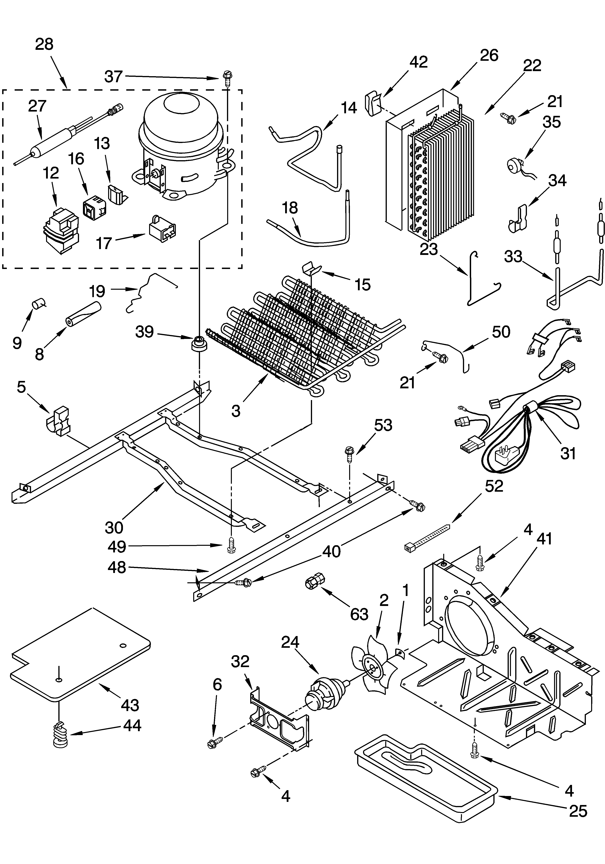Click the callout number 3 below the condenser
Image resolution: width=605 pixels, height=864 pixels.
236,411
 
